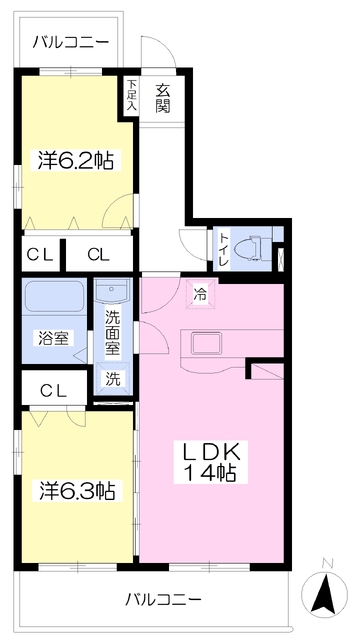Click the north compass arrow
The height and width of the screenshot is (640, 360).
[324, 595]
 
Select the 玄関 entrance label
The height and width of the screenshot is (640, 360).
[162, 98]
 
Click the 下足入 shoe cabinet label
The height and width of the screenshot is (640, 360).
[131, 96]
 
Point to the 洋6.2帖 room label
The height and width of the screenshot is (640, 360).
[76, 160]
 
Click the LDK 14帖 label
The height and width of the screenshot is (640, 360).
[209, 462]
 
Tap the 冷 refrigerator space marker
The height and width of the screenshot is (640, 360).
[200, 293]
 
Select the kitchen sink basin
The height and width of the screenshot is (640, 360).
[207, 344]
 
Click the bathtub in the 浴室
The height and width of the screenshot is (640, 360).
[54, 298]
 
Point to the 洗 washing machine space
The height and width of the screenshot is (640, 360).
[113, 378]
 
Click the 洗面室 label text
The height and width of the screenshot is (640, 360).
[113, 332]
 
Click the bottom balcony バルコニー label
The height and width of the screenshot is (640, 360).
[163, 599]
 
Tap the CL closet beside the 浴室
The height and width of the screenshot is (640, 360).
[54, 391]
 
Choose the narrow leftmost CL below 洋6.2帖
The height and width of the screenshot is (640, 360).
[40, 255]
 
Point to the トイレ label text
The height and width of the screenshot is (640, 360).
[224, 249]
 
